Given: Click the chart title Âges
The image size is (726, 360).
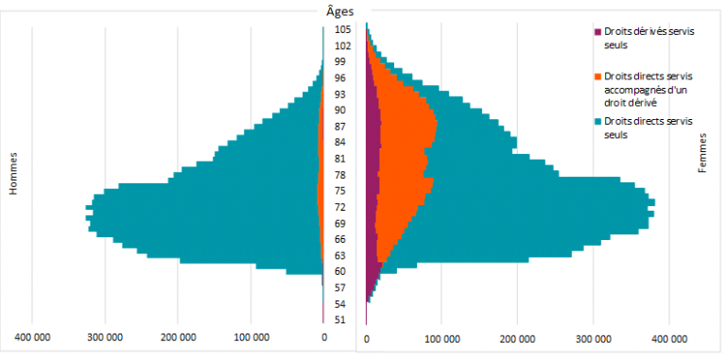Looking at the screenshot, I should (x=339, y=11).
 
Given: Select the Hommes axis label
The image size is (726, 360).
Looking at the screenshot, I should (x=14, y=174).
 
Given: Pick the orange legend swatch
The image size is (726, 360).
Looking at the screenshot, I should (x=596, y=77).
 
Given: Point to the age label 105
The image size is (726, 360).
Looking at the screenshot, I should (x=342, y=29).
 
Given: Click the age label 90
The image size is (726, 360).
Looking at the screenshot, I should (x=342, y=110).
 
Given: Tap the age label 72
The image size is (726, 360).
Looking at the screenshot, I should (x=342, y=207).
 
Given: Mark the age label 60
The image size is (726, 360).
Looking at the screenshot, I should (x=342, y=271).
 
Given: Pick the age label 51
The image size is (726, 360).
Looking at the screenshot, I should (x=342, y=320).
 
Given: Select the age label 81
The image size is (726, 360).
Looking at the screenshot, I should (x=342, y=159).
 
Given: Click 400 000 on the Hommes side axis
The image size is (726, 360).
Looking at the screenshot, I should (x=32, y=338).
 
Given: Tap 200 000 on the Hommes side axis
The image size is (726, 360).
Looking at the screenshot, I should (x=179, y=338).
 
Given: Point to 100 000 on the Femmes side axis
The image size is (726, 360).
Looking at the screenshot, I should (x=442, y=338).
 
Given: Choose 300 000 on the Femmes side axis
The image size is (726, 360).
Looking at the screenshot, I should (x=594, y=338).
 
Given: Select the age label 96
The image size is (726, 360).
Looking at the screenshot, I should (x=342, y=77).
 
